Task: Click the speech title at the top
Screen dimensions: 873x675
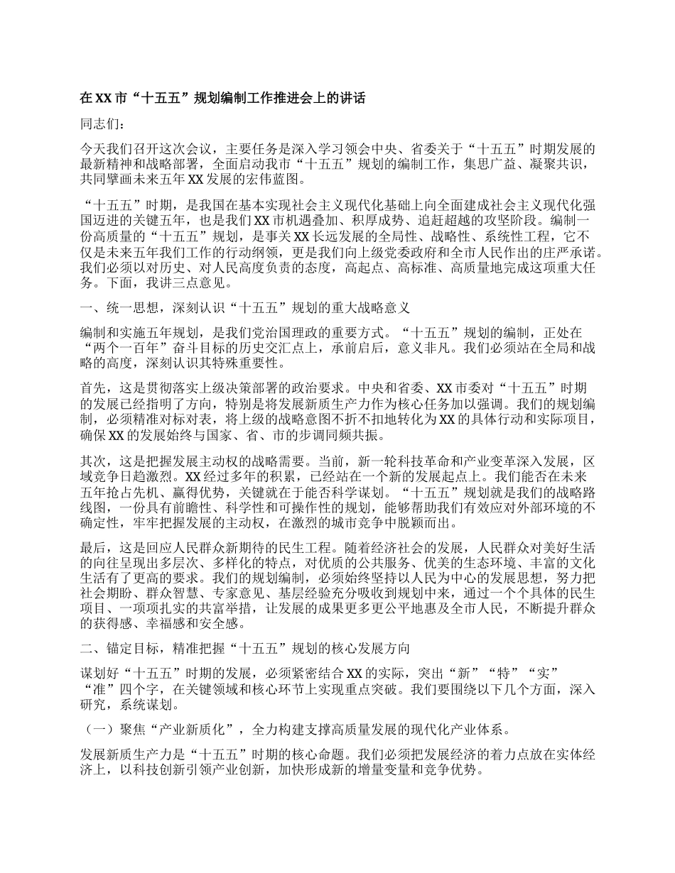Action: coord(223,99)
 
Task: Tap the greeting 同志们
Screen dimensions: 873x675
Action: coord(102,124)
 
